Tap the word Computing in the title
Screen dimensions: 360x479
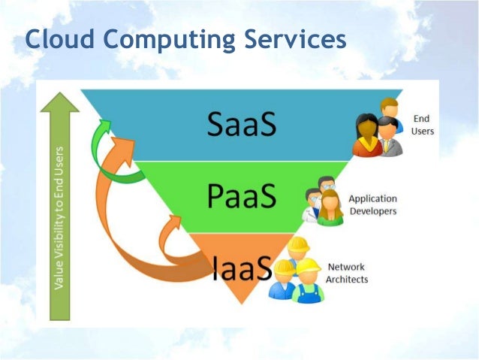pyautogui.click(x=166, y=41)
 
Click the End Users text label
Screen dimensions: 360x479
pyautogui.click(x=422, y=125)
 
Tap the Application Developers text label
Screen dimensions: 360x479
pyautogui.click(x=372, y=205)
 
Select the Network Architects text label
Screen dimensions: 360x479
pyautogui.click(x=346, y=273)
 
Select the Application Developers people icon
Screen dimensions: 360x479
pyautogui.click(x=324, y=201)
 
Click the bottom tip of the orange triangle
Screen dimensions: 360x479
pyautogui.click(x=239, y=302)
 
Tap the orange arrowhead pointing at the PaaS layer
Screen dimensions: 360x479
pyautogui.click(x=176, y=220)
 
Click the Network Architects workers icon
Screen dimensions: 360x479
pyautogui.click(x=297, y=270)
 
